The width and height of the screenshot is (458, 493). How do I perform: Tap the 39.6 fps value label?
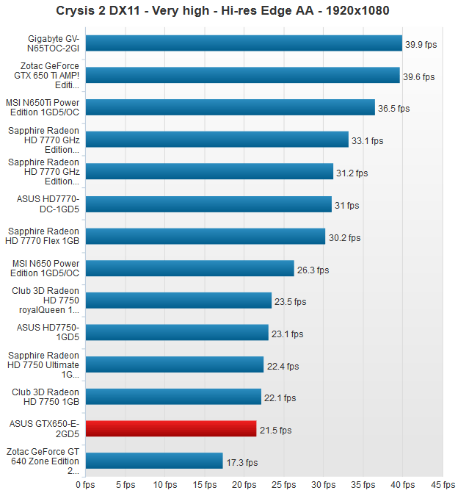pyautogui.click(x=419, y=76)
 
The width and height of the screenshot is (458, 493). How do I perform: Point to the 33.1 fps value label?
pyautogui.click(x=368, y=140)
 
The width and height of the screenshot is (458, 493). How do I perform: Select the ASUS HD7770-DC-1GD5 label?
pyautogui.click(x=47, y=204)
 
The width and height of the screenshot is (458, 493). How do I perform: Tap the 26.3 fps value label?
pyautogui.click(x=313, y=270)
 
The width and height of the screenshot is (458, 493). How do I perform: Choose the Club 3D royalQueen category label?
pyautogui.click(x=46, y=301)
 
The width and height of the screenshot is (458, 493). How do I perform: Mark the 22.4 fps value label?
pyautogui.click(x=283, y=366)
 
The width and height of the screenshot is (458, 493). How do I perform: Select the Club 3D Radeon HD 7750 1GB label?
pyautogui.click(x=46, y=397)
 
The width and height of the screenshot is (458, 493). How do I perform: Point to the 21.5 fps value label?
pyautogui.click(x=275, y=430)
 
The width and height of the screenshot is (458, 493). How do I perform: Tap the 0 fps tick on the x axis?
pyautogui.click(x=85, y=484)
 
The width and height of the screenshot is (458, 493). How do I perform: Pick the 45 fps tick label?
pyautogui.click(x=443, y=484)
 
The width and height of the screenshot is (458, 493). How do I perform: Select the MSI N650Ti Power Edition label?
pyautogui.click(x=46, y=107)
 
